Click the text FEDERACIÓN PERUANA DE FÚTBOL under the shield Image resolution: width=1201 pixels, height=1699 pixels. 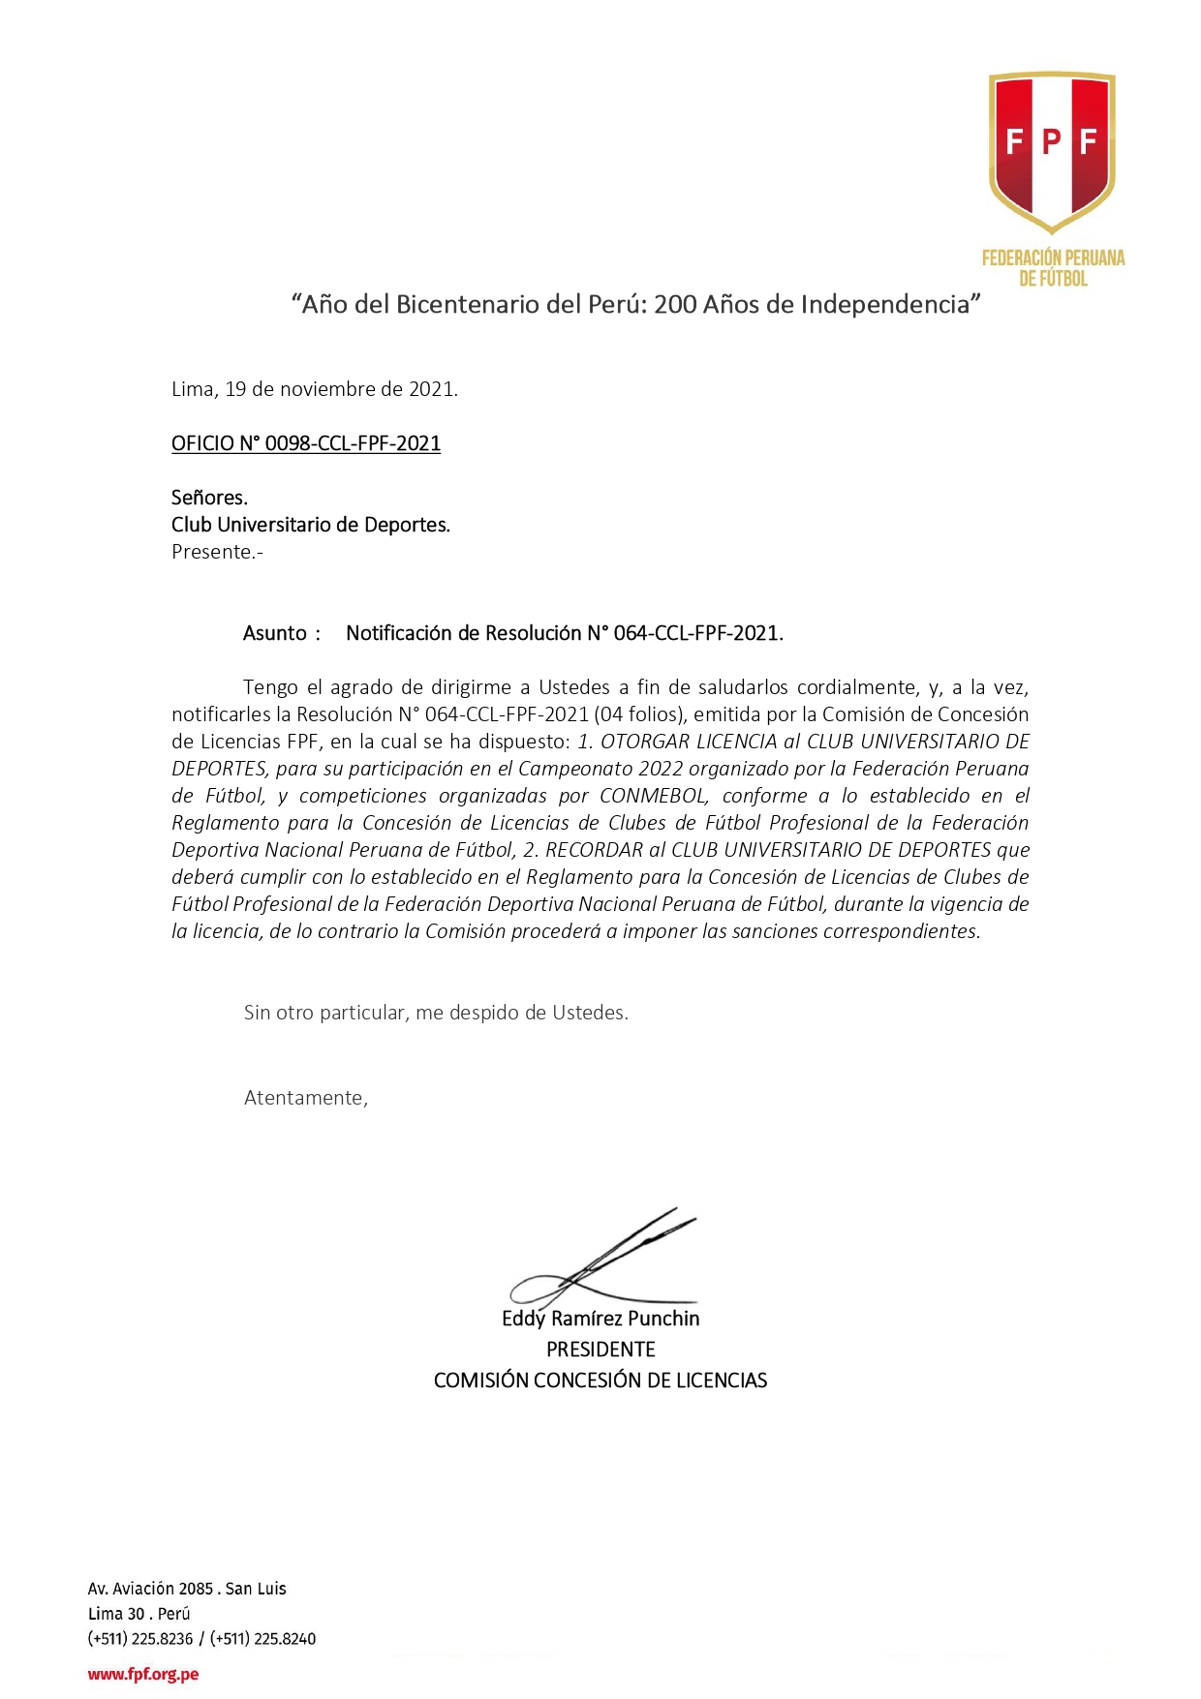tap(1053, 268)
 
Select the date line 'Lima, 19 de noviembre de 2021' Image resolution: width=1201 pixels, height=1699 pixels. tap(314, 389)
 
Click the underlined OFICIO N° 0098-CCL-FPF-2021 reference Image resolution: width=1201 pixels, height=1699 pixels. tap(306, 443)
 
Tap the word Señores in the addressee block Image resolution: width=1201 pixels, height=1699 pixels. tap(209, 498)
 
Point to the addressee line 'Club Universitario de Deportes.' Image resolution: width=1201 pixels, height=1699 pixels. tap(310, 525)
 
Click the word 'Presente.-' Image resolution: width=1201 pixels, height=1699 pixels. tap(217, 552)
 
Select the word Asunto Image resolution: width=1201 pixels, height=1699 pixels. tap(275, 633)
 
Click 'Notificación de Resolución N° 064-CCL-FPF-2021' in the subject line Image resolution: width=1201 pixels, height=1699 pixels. tap(564, 633)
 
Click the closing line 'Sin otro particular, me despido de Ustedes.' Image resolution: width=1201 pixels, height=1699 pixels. tap(436, 1013)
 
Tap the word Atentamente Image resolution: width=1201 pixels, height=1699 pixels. tap(305, 1098)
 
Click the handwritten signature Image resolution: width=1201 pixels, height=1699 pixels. tap(605, 1259)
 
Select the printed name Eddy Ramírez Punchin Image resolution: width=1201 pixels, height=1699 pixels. tap(600, 1319)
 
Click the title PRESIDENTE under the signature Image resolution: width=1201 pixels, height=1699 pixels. tap(600, 1350)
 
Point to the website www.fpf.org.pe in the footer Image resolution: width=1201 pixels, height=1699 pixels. tap(143, 1674)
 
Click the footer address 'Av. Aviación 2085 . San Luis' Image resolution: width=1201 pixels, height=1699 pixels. tap(187, 1589)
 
